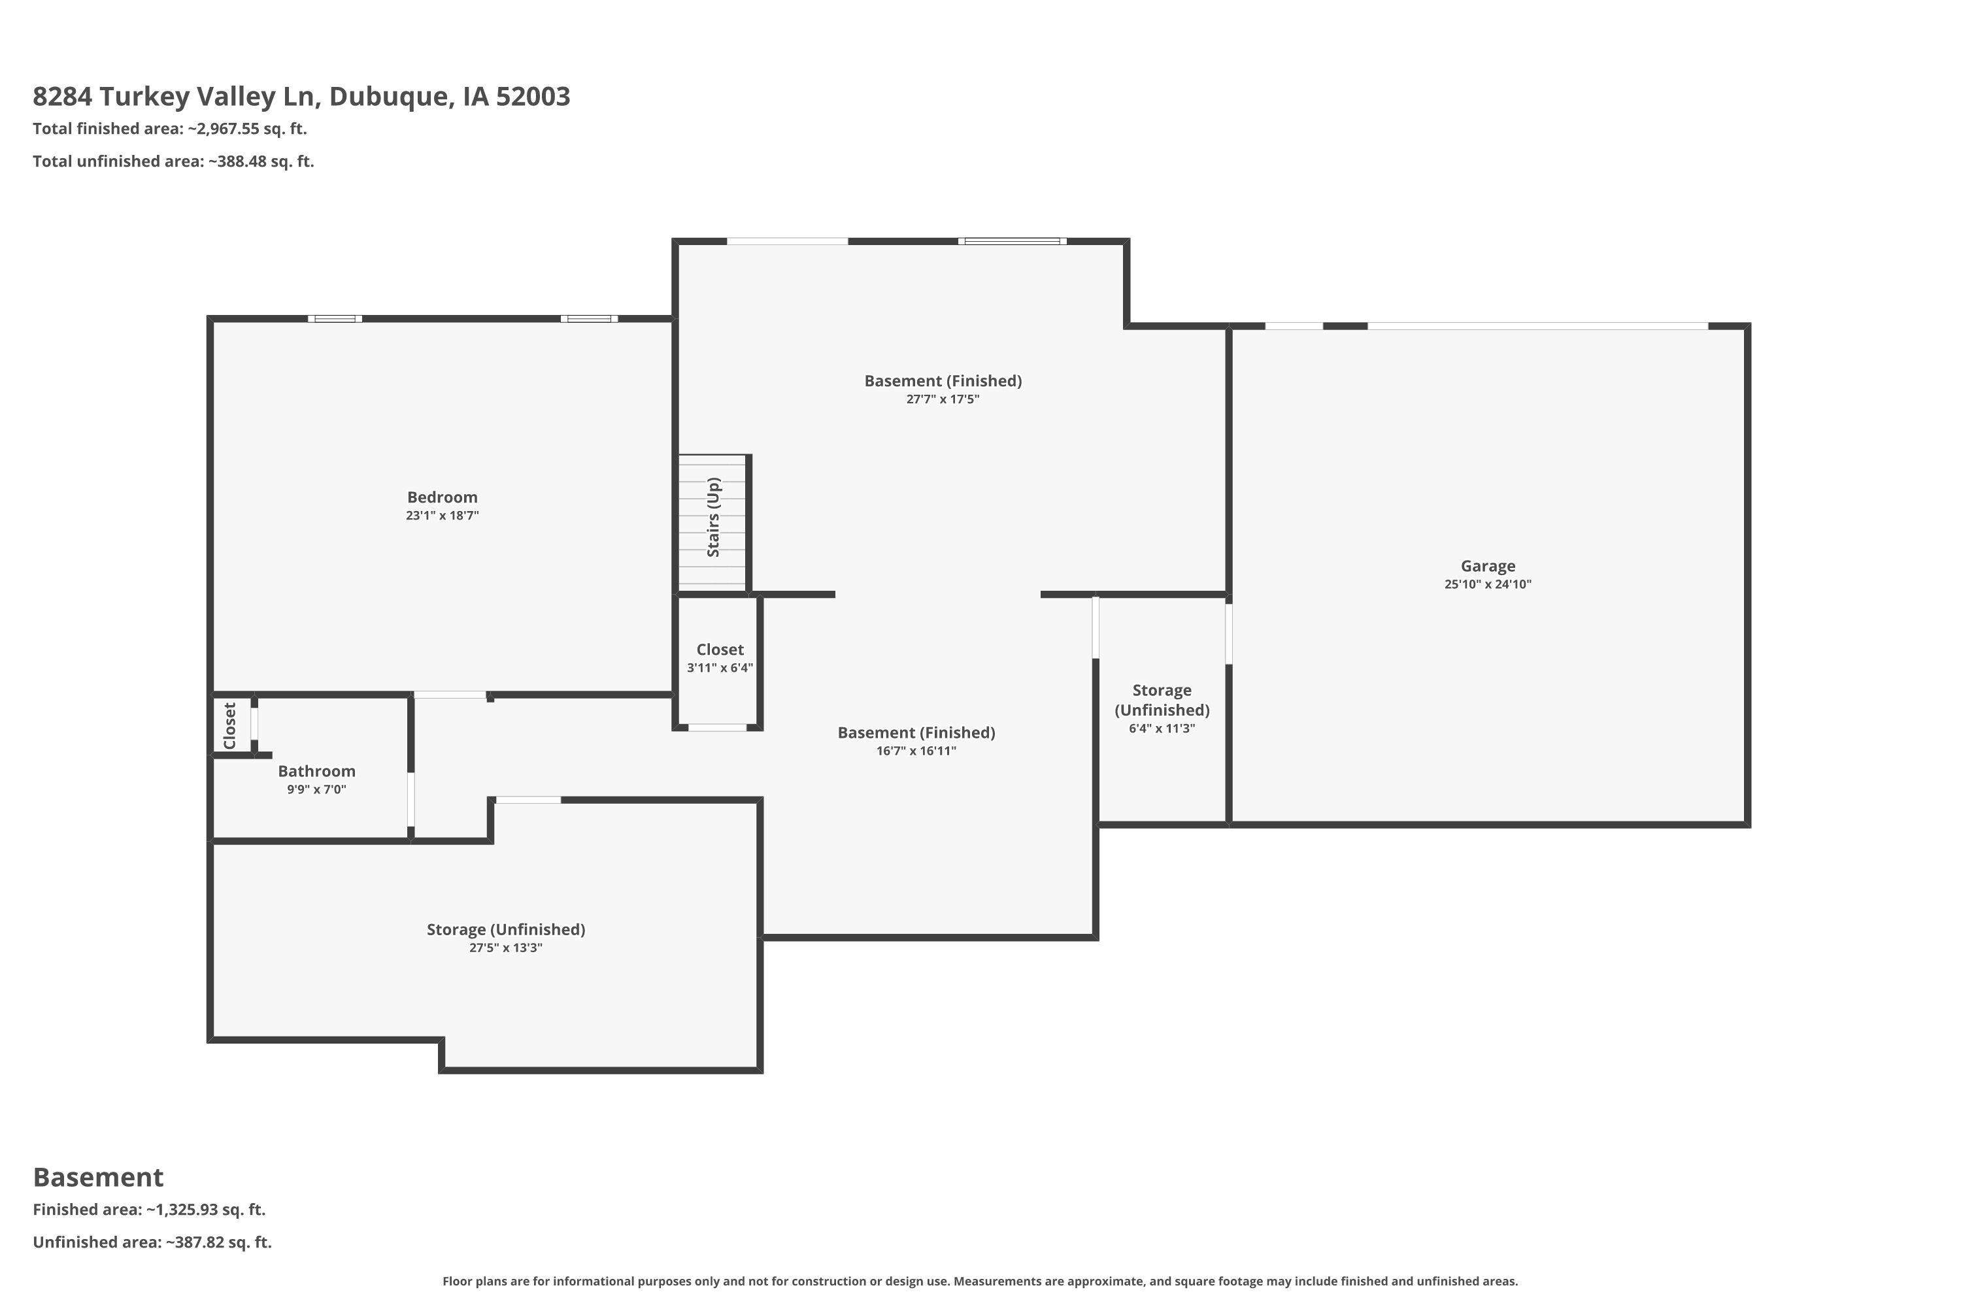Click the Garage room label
click(1488, 566)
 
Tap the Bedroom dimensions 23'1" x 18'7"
click(442, 516)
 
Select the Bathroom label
click(317, 771)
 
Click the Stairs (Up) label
click(713, 517)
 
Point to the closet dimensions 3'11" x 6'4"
click(720, 668)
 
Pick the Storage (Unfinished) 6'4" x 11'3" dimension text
click(1162, 729)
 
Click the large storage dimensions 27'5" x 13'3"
click(505, 948)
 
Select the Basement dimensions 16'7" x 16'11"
click(916, 751)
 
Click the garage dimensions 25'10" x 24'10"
click(1488, 584)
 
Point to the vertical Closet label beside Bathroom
click(230, 725)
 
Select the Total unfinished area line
click(173, 161)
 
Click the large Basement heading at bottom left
click(99, 1177)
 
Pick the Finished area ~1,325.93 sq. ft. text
click(149, 1210)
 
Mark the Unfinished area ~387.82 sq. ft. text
click(152, 1242)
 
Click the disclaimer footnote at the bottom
click(980, 1281)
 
